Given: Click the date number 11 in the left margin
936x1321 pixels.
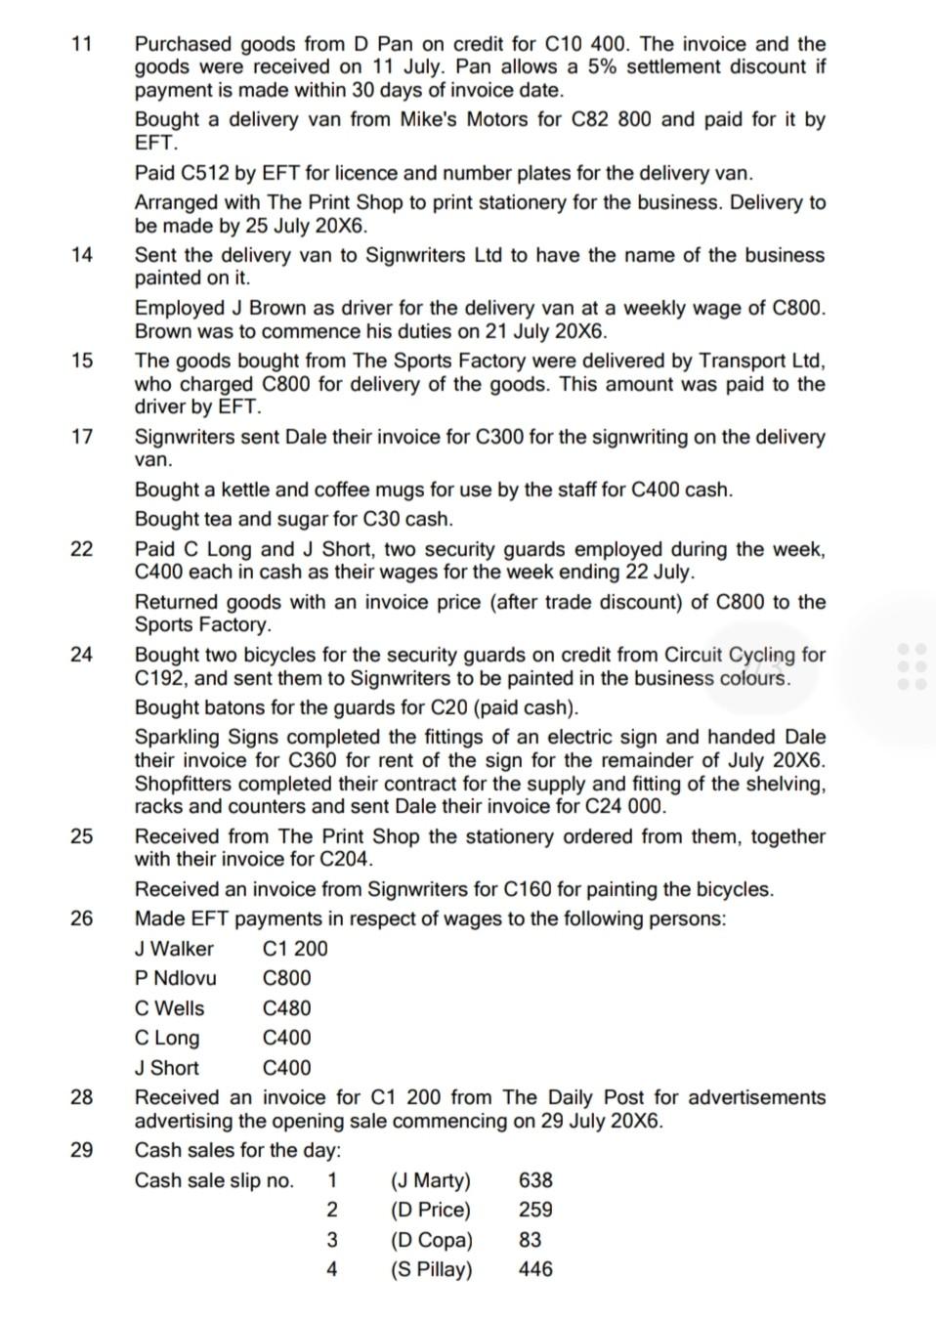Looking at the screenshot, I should pos(82,44).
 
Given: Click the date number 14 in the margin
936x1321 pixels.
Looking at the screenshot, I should pos(82,255).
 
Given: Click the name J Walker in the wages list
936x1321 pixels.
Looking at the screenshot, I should pos(174,949).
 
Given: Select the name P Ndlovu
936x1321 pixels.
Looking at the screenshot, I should pos(176,978).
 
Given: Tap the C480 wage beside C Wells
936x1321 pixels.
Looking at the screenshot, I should pos(286,1008).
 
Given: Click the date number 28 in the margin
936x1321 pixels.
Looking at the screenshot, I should pos(82,1097).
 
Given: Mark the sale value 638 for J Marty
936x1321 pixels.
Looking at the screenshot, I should pos(535,1180).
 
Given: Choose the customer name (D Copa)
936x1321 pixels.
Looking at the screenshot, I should pos(431,1240).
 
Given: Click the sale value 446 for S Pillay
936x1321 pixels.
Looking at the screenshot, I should pos(535,1269).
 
